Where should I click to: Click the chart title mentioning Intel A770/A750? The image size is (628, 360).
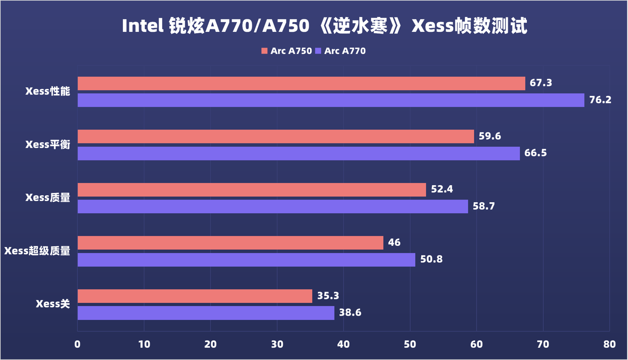click(x=324, y=27)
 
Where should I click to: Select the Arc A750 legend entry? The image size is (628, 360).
click(x=287, y=51)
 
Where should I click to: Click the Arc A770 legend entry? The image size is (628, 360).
click(x=340, y=51)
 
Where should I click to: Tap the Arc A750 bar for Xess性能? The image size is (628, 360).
click(x=301, y=83)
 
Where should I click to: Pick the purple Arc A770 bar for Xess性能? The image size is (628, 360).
click(x=331, y=100)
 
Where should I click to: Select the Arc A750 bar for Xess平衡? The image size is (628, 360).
click(x=276, y=136)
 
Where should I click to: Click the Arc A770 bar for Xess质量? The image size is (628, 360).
click(x=273, y=207)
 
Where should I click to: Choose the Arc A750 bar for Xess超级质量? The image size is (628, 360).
click(x=230, y=243)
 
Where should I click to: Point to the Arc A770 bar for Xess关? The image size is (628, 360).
click(x=206, y=313)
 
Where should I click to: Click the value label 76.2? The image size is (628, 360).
click(x=601, y=100)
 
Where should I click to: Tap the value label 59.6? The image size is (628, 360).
click(x=490, y=136)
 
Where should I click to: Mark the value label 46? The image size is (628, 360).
click(x=394, y=243)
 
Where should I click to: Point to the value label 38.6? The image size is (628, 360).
click(x=350, y=313)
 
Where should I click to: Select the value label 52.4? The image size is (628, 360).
click(x=442, y=190)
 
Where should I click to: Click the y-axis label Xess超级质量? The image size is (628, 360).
click(x=37, y=251)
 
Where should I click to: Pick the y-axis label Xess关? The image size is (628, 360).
click(x=53, y=304)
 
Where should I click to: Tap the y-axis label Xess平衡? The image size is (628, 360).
click(x=48, y=145)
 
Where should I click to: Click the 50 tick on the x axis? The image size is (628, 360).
click(x=410, y=344)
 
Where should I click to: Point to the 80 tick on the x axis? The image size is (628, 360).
click(x=610, y=344)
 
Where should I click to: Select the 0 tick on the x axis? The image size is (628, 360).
click(x=78, y=344)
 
